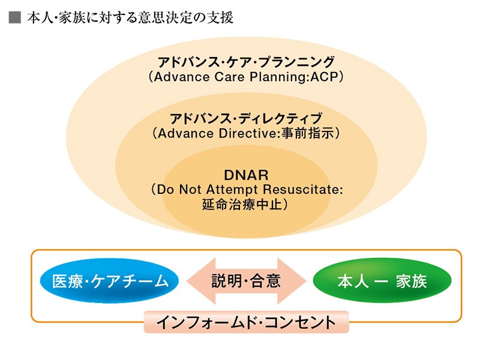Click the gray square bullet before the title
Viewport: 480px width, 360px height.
coord(14,17)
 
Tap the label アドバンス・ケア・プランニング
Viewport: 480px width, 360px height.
coord(246,62)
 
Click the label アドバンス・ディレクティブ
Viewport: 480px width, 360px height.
coord(246,118)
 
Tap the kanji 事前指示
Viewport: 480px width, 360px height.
coord(307,133)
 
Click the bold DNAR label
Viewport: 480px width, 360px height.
coord(246,175)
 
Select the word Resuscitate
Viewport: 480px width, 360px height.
coord(302,190)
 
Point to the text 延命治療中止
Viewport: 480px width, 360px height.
coord(242,204)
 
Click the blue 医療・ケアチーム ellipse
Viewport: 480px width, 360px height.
coord(109,280)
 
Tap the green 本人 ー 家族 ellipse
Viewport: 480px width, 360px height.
coord(382,280)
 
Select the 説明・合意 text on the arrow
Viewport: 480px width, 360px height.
coord(246,281)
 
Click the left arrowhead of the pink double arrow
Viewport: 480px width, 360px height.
coord(201,281)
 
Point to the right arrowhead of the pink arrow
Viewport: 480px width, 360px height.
coord(292,281)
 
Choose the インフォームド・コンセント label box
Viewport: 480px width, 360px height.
coord(246,322)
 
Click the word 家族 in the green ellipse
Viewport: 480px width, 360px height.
coord(411,281)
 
